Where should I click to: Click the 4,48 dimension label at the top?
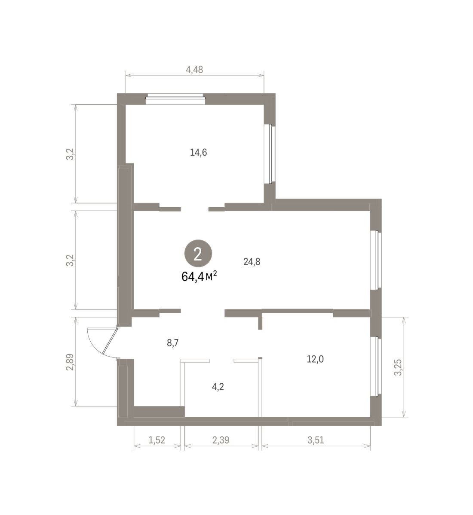194,70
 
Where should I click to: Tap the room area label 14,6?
198,152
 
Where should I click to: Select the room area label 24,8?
252,262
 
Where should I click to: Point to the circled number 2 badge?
198,254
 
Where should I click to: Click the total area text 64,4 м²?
199,276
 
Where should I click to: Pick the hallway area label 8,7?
173,343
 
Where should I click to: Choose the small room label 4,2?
218,387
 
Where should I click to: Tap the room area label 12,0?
315,359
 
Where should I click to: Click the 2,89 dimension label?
70,362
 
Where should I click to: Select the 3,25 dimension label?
398,367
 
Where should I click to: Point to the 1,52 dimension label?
157,440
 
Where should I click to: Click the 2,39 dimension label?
221,440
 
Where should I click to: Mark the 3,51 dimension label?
316,440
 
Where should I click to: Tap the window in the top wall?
175,100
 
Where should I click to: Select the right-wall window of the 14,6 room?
270,154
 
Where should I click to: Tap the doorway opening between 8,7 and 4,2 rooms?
221,360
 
